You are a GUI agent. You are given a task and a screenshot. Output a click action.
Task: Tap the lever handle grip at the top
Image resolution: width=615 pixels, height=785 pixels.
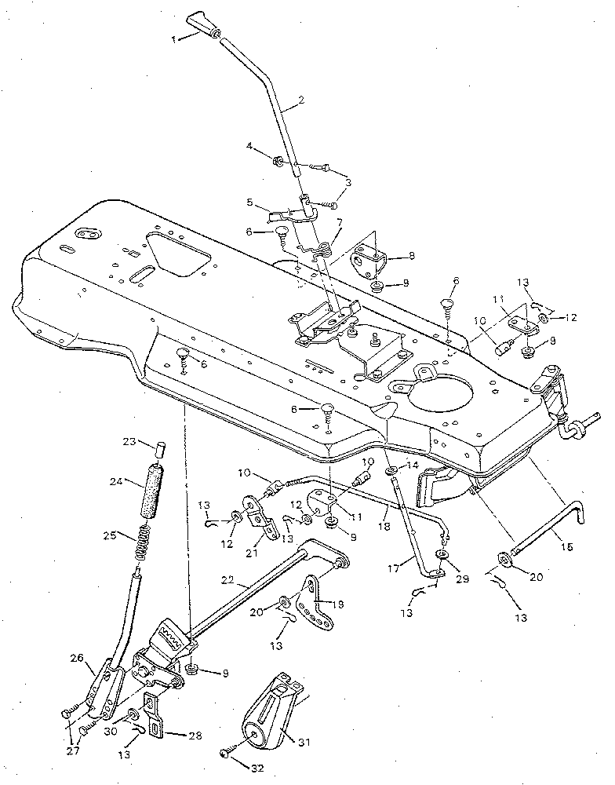click(x=206, y=24)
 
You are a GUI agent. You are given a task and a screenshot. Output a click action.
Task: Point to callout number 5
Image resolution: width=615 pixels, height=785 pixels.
click(x=249, y=201)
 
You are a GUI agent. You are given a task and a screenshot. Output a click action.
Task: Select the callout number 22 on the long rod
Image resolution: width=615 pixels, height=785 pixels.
click(x=227, y=581)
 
